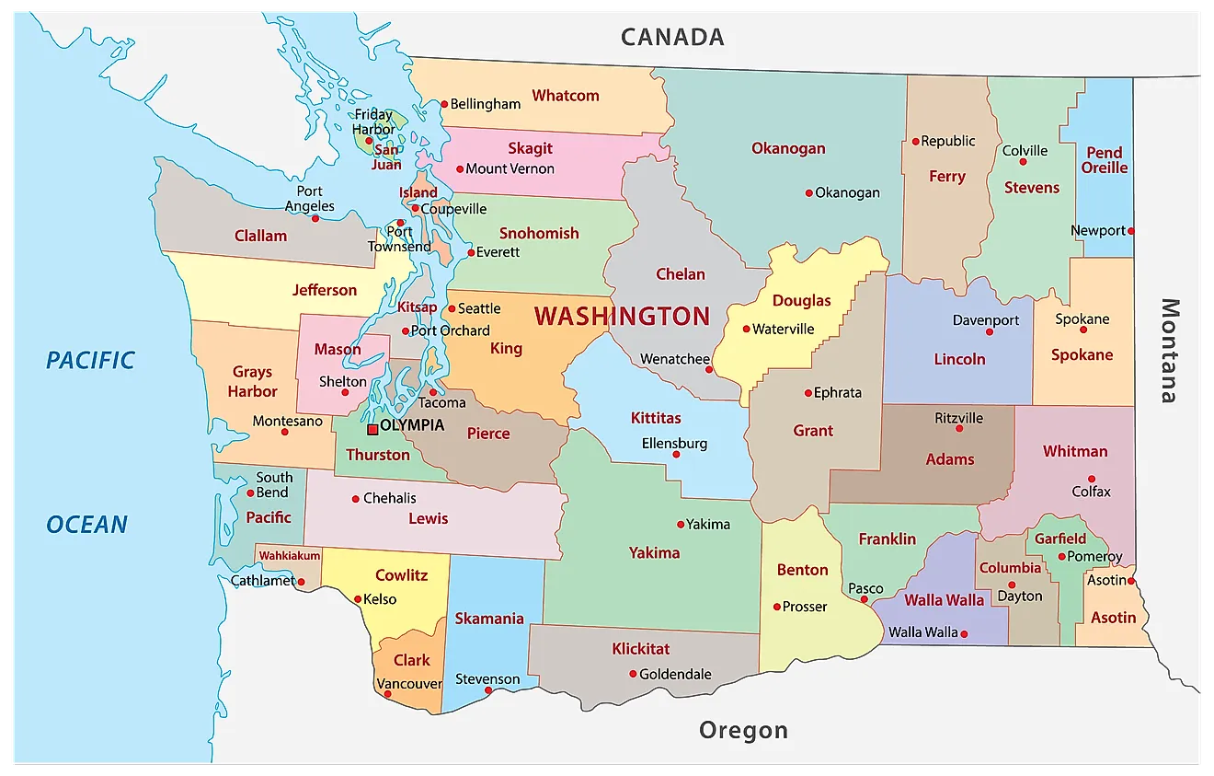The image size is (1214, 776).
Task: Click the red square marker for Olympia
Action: pos(372,429)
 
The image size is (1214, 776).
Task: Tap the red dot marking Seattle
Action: pos(452,309)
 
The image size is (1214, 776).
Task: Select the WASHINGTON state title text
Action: pos(622,317)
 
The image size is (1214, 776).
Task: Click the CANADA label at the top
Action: pos(672,37)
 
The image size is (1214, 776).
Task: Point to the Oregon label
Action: pos(743,731)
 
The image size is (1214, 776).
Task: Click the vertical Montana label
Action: pos(1168,351)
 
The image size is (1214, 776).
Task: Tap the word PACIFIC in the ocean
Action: pos(90,360)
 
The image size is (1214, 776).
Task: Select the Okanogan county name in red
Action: pos(788,148)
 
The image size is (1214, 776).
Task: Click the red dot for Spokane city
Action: pos(1082,330)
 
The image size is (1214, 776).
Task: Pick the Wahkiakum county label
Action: pos(290,556)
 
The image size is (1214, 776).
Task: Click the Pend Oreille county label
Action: pos(1105,160)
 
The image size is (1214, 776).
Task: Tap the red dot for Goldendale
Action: pos(633,674)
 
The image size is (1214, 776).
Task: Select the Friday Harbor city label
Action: pos(374,122)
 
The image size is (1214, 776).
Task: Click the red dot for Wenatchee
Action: pos(708,369)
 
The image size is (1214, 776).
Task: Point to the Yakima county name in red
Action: pos(655,553)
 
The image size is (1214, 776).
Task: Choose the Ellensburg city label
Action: pos(674,444)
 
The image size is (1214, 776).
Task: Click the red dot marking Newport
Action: pos(1131,231)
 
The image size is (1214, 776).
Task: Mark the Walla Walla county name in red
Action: pos(944,600)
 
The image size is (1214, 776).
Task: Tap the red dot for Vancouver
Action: pos(387,694)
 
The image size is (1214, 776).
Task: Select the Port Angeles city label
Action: pos(309,199)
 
